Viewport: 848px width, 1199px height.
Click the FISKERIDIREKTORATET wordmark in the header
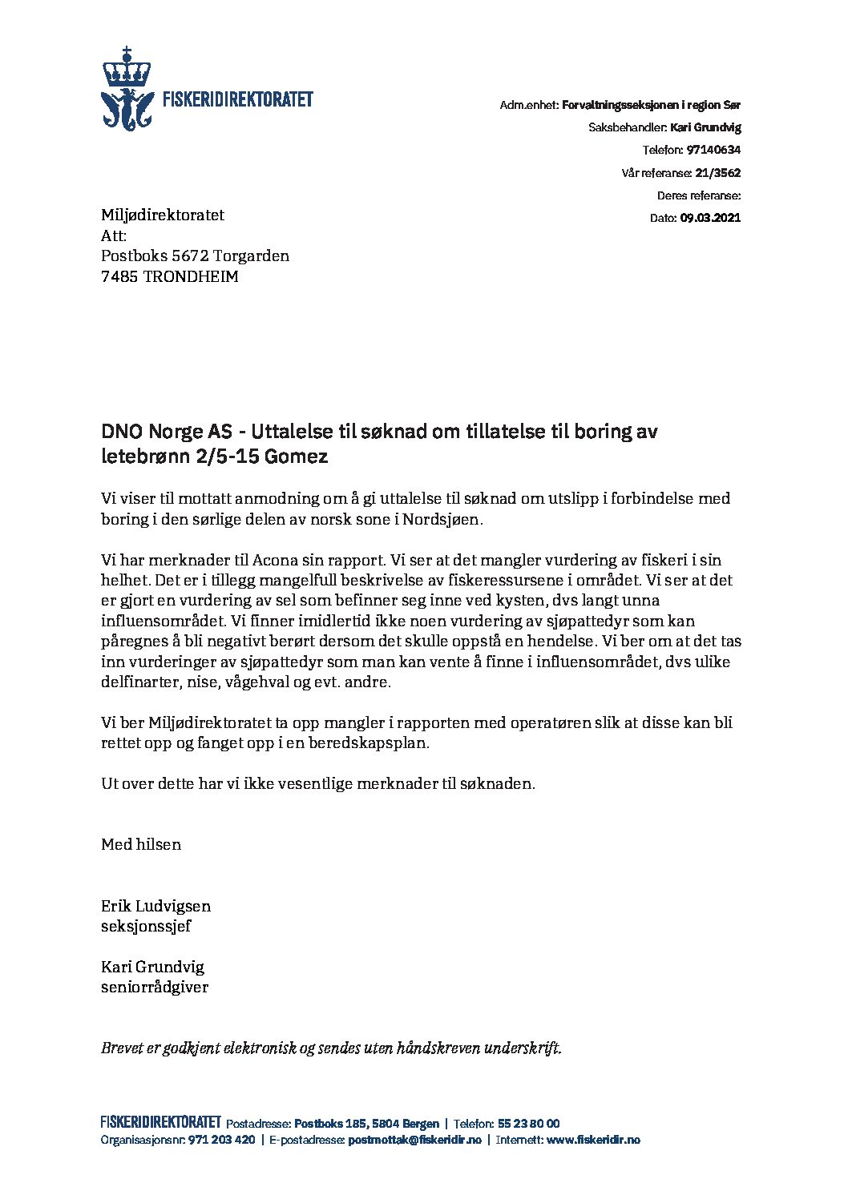237,100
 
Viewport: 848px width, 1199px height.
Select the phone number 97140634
713,150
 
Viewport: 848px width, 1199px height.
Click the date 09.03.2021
711,218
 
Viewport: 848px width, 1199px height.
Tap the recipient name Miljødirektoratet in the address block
163,215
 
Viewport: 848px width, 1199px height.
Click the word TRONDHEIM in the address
191,277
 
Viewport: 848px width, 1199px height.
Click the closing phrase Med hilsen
141,844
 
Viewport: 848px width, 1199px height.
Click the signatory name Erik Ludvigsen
155,906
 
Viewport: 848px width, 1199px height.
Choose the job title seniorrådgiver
155,988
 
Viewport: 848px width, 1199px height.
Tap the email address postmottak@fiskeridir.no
414,1140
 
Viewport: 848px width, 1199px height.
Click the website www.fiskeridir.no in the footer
593,1140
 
